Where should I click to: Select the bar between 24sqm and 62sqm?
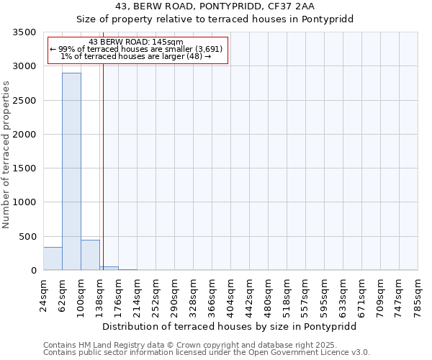[53, 258]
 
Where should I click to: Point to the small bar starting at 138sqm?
[109, 268]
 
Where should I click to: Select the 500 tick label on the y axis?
[27, 237]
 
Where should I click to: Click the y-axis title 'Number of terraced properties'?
[6, 155]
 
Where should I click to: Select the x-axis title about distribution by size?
[230, 326]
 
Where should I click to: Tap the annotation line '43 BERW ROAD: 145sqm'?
[137, 42]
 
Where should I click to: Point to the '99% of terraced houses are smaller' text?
[137, 49]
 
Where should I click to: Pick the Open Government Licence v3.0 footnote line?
[207, 353]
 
